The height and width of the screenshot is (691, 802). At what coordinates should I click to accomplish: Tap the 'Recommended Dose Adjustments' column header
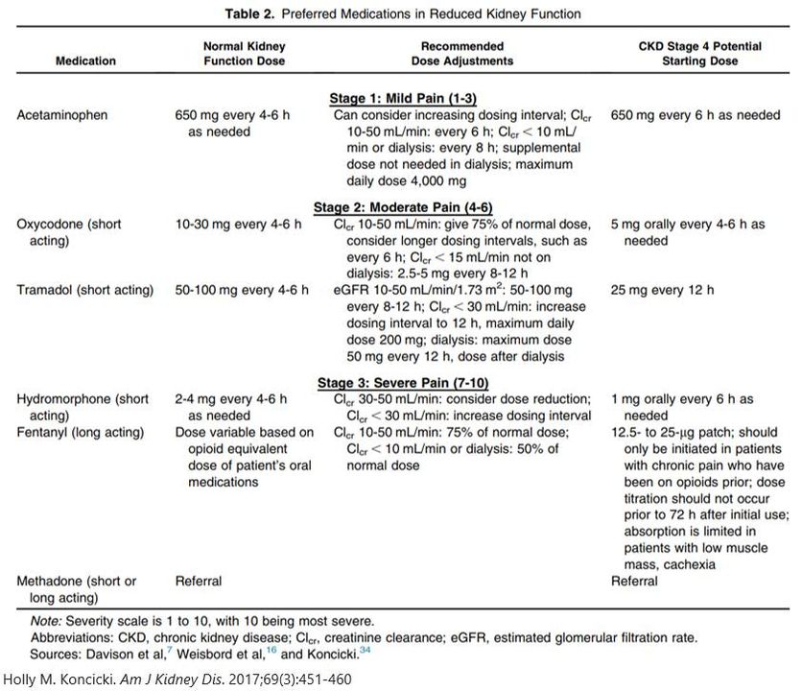point(461,53)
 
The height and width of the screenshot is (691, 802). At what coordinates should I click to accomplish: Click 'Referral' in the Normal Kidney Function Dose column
point(198,581)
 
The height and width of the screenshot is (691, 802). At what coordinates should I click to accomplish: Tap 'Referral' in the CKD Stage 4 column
point(634,581)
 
